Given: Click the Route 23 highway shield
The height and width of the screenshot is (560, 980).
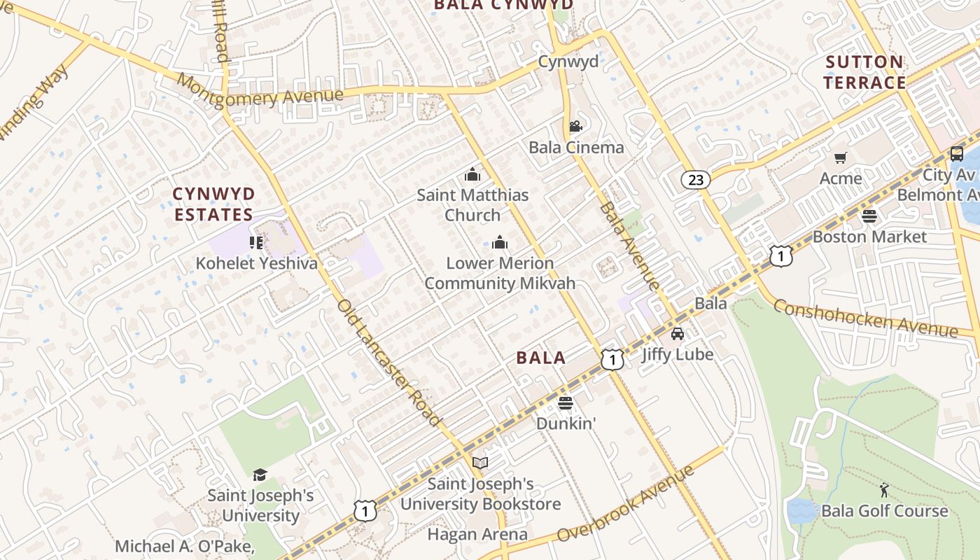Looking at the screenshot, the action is (x=696, y=180).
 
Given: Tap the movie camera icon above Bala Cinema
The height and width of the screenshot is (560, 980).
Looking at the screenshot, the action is (x=575, y=127).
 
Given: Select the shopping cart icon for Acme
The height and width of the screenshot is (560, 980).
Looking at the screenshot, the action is (x=841, y=158).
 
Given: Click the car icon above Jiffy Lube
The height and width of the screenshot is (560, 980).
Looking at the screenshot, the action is (x=677, y=334).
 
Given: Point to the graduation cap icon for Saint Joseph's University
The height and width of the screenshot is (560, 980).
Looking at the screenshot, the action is (x=260, y=475).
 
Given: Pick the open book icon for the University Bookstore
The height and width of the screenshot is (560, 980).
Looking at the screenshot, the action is (x=480, y=463).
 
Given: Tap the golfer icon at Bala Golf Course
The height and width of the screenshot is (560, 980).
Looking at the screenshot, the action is (x=884, y=489).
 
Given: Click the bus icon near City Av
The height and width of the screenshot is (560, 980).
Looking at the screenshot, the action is (x=956, y=154).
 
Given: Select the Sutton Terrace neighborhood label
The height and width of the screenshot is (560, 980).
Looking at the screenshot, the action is (x=864, y=72).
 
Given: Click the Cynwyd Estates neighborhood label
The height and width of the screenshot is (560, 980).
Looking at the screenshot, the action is (x=213, y=204).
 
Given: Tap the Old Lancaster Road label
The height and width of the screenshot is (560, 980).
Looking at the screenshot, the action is (x=388, y=363).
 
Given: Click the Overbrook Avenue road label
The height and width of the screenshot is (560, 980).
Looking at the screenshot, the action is (x=627, y=503).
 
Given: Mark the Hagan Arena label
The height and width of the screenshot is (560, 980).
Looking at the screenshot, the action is (x=477, y=535).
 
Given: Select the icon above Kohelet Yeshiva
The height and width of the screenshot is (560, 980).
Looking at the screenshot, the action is (x=256, y=243).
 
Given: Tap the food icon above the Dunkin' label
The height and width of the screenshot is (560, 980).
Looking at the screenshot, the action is (x=566, y=402).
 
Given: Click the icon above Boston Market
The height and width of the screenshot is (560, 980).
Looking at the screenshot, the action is (x=869, y=216).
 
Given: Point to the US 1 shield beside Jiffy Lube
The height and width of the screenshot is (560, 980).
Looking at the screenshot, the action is (x=612, y=360).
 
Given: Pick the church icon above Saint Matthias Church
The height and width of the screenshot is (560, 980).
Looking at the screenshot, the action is (x=472, y=174).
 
